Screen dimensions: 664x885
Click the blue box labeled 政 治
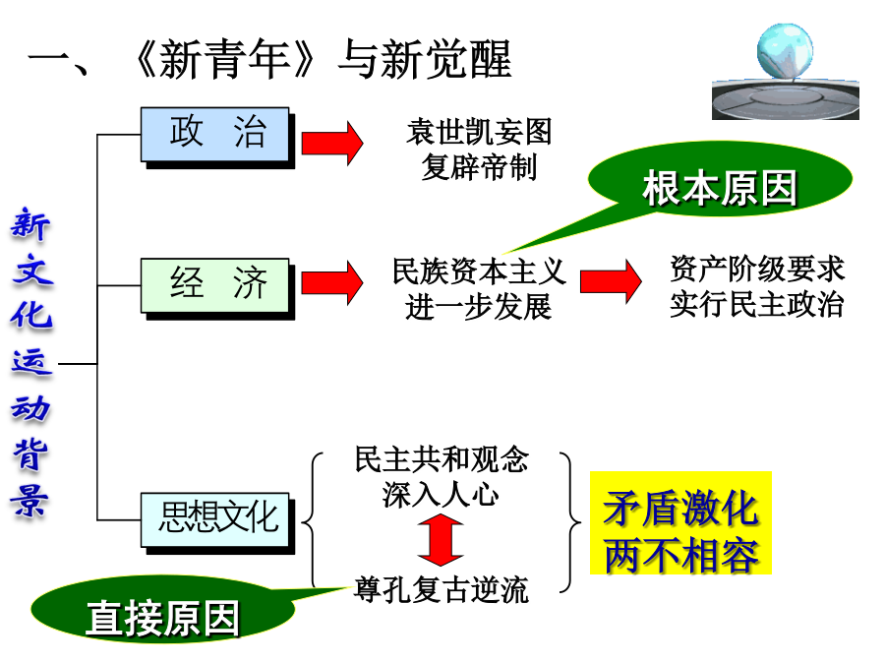coord(215,135)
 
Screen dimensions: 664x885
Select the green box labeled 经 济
coord(217,285)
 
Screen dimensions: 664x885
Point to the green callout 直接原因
coord(162,616)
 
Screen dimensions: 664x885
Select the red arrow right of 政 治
coord(331,141)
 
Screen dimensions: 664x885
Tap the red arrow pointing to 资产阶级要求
coord(611,281)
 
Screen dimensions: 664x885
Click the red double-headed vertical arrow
coord(441,542)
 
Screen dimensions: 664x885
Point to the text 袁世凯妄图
coord(479,132)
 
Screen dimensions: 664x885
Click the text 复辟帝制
coord(479,166)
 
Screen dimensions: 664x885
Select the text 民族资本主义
coord(479,271)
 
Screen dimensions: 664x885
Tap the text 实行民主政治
coord(757,304)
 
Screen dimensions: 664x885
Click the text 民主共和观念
coord(442,459)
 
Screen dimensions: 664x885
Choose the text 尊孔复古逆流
coord(442,589)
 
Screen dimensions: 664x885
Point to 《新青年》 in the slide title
coord(225,61)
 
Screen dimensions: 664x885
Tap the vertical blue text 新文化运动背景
coord(30,364)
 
